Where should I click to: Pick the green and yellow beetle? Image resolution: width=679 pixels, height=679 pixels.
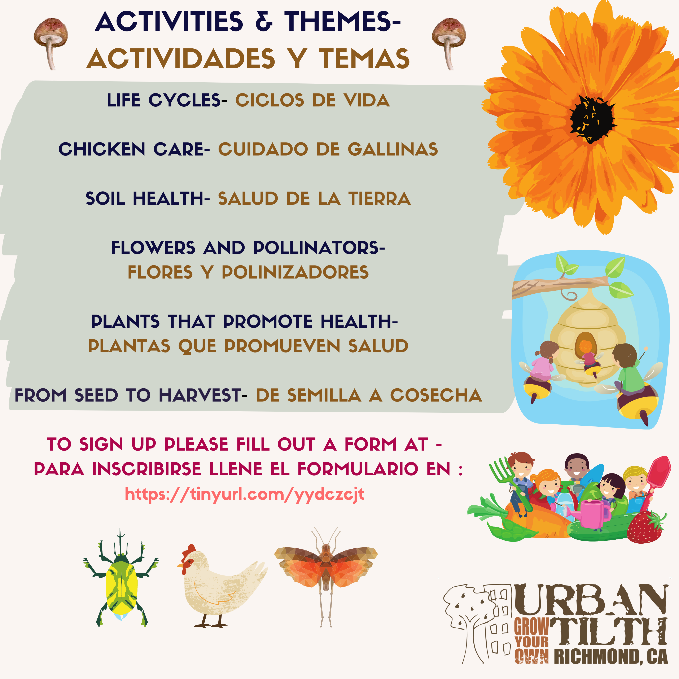121,578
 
